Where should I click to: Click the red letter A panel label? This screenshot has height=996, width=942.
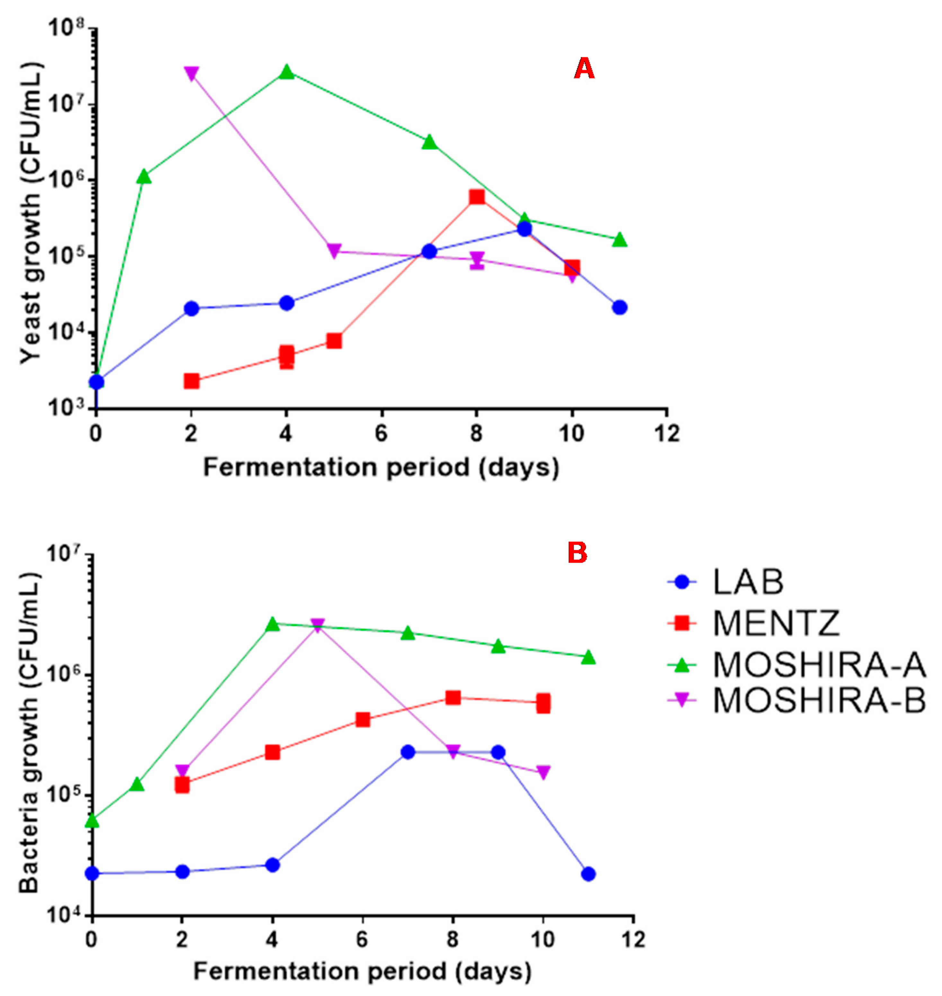[584, 68]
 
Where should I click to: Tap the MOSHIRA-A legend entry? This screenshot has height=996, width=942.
[819, 665]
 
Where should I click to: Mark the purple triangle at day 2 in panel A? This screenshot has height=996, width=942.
[191, 73]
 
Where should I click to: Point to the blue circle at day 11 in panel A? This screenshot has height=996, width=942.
[620, 307]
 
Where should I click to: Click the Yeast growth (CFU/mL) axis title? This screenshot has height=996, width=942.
[31, 213]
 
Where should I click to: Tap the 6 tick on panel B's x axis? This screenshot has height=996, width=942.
[362, 939]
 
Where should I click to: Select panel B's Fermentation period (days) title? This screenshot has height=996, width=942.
[362, 971]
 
